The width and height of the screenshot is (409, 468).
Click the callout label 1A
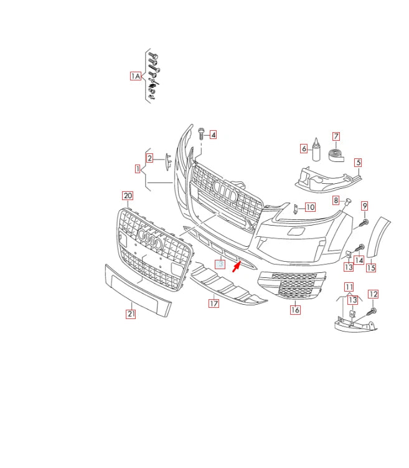coord(136,76)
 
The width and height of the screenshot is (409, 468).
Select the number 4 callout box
coord(213,134)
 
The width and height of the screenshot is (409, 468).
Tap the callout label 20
coord(127,196)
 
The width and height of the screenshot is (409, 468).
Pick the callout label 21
coord(131,314)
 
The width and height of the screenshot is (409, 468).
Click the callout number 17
coord(214,304)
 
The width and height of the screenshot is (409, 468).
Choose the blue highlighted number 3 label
coord(220,264)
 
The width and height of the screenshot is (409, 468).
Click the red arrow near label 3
coord(237,267)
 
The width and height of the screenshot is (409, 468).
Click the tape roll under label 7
coord(337,154)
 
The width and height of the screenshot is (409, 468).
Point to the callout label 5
coord(358,163)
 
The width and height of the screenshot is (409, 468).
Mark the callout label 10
coord(309,207)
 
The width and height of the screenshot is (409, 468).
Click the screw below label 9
coord(364,222)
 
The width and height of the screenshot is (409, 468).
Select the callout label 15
coord(371,268)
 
